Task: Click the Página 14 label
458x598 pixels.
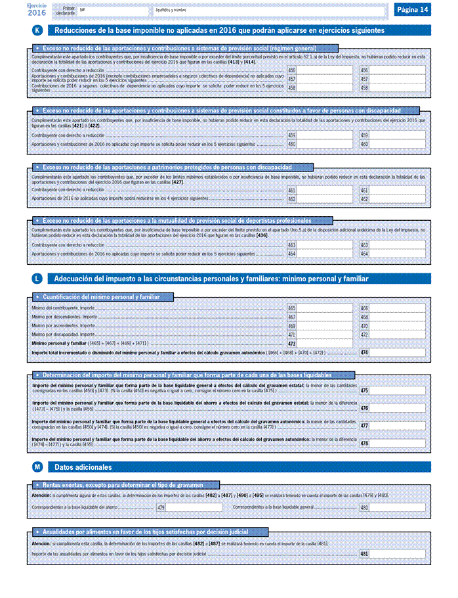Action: tap(413, 9)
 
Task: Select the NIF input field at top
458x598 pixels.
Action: tap(112, 12)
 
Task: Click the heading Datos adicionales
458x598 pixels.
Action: tap(83, 467)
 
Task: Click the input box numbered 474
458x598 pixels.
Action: tap(397, 353)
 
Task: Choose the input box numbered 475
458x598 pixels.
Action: tap(397, 390)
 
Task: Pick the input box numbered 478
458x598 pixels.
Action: tap(397, 444)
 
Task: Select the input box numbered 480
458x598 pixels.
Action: tap(397, 507)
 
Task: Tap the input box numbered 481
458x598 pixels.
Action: tap(397, 554)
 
